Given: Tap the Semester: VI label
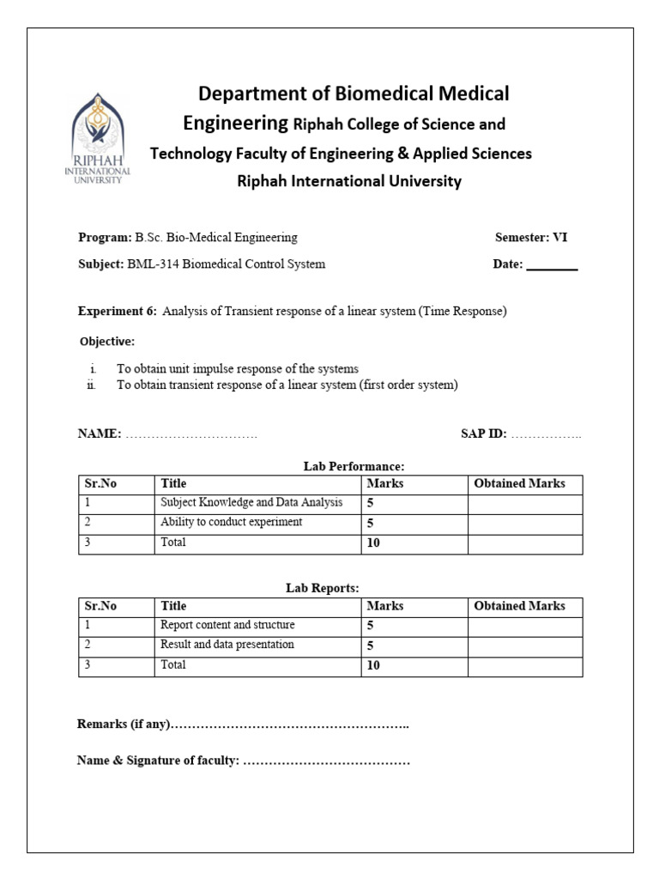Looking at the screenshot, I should coord(531,238).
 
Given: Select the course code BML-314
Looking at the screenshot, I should coord(152,264).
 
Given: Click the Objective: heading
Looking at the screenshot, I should coord(107,342).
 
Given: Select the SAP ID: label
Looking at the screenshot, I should coord(483,434).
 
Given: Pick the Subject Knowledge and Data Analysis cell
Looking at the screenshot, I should coord(251,503).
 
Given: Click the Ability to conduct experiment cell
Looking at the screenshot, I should coord(232,523).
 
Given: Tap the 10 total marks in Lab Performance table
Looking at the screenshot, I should coord(374,543).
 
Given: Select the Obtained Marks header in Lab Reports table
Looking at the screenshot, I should coord(520,606).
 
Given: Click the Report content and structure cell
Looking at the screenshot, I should coord(227,626).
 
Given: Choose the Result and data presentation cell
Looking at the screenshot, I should coord(227,645).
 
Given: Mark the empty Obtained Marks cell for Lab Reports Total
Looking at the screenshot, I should coord(524,665).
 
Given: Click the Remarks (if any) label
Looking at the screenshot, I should coord(124,725).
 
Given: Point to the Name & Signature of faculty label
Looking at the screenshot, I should coord(158,761).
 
